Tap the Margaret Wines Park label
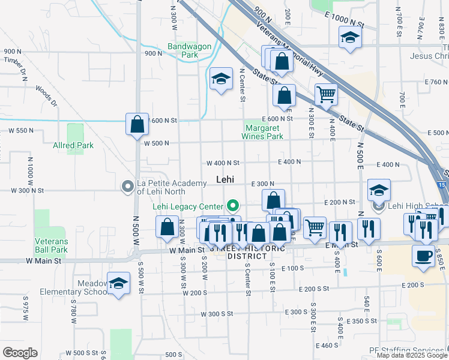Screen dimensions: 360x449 point(262,132)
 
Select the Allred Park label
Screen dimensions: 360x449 point(73,145)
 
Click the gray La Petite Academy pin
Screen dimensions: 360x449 point(127,187)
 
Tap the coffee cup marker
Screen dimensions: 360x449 point(423,255)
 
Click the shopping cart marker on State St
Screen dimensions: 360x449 point(326,94)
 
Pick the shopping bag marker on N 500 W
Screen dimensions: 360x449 point(137,124)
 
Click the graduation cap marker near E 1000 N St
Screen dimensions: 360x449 point(349,37)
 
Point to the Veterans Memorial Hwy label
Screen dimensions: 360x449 point(290,50)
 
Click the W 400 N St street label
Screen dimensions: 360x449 point(223,163)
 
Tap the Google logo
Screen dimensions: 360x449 point(20,353)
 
